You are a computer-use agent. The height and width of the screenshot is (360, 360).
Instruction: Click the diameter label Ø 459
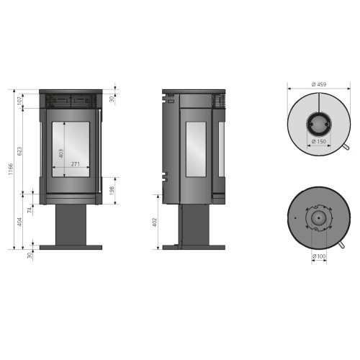pos(319,84)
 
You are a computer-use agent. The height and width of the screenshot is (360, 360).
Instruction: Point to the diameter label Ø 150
pos(319,142)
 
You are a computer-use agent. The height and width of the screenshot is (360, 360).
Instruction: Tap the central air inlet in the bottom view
pos(317,217)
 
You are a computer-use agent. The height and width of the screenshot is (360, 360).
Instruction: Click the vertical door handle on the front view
pos(97,151)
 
